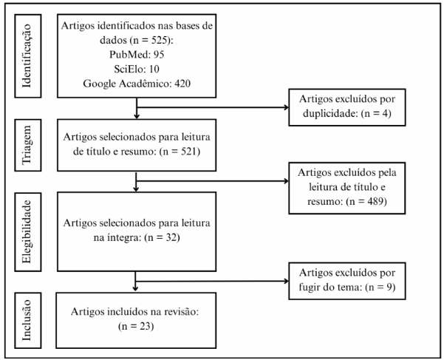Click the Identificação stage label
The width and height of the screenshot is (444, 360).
coord(27,55)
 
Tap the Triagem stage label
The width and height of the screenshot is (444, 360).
coord(27,145)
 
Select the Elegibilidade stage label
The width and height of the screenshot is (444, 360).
coord(27,231)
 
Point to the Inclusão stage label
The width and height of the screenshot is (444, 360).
coord(27,320)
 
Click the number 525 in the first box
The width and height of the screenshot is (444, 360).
coord(159,40)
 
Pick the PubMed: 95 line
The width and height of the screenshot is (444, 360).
coord(137,55)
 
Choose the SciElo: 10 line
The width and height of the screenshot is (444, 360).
coord(137,69)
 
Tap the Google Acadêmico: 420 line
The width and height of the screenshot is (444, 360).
coord(137,84)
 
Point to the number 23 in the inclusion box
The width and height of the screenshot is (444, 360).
coord(145,326)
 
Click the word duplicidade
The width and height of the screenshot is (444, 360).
coord(329,114)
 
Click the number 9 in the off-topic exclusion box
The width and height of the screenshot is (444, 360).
coord(389,288)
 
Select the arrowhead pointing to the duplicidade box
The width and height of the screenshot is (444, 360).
coord(287,107)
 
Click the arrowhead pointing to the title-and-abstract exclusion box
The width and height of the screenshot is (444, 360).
coord(287,181)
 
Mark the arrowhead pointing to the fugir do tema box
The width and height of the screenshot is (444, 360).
coord(287,281)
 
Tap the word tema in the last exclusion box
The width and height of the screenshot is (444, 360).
coord(351,288)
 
